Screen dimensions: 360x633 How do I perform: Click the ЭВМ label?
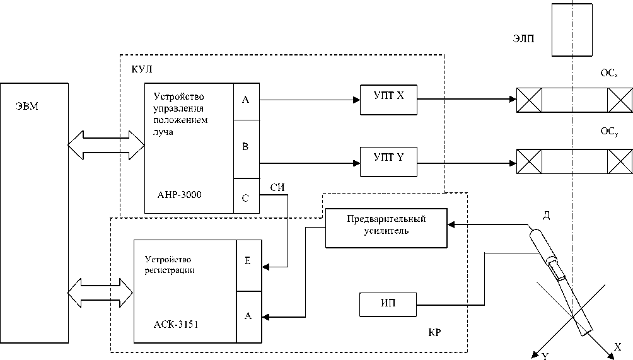pyautogui.click(x=27, y=105)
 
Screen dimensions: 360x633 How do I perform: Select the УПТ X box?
pyautogui.click(x=388, y=99)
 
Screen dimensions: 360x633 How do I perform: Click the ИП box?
pyautogui.click(x=388, y=304)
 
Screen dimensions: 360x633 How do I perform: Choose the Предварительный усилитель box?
pyautogui.click(x=386, y=225)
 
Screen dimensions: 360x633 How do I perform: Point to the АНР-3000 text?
pyautogui.click(x=180, y=195)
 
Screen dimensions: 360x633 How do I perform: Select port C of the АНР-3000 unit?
pyautogui.click(x=246, y=197)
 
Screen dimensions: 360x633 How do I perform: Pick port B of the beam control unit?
pyautogui.click(x=246, y=147)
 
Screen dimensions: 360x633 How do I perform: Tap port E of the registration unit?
pyautogui.click(x=248, y=261)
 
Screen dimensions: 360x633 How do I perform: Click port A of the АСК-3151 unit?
pyautogui.click(x=248, y=316)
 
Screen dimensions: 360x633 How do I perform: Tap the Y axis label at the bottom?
pyautogui.click(x=545, y=355)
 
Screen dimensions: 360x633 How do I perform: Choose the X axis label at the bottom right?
pyautogui.click(x=618, y=347)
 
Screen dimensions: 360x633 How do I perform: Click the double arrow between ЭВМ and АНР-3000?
pyautogui.click(x=106, y=144)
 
